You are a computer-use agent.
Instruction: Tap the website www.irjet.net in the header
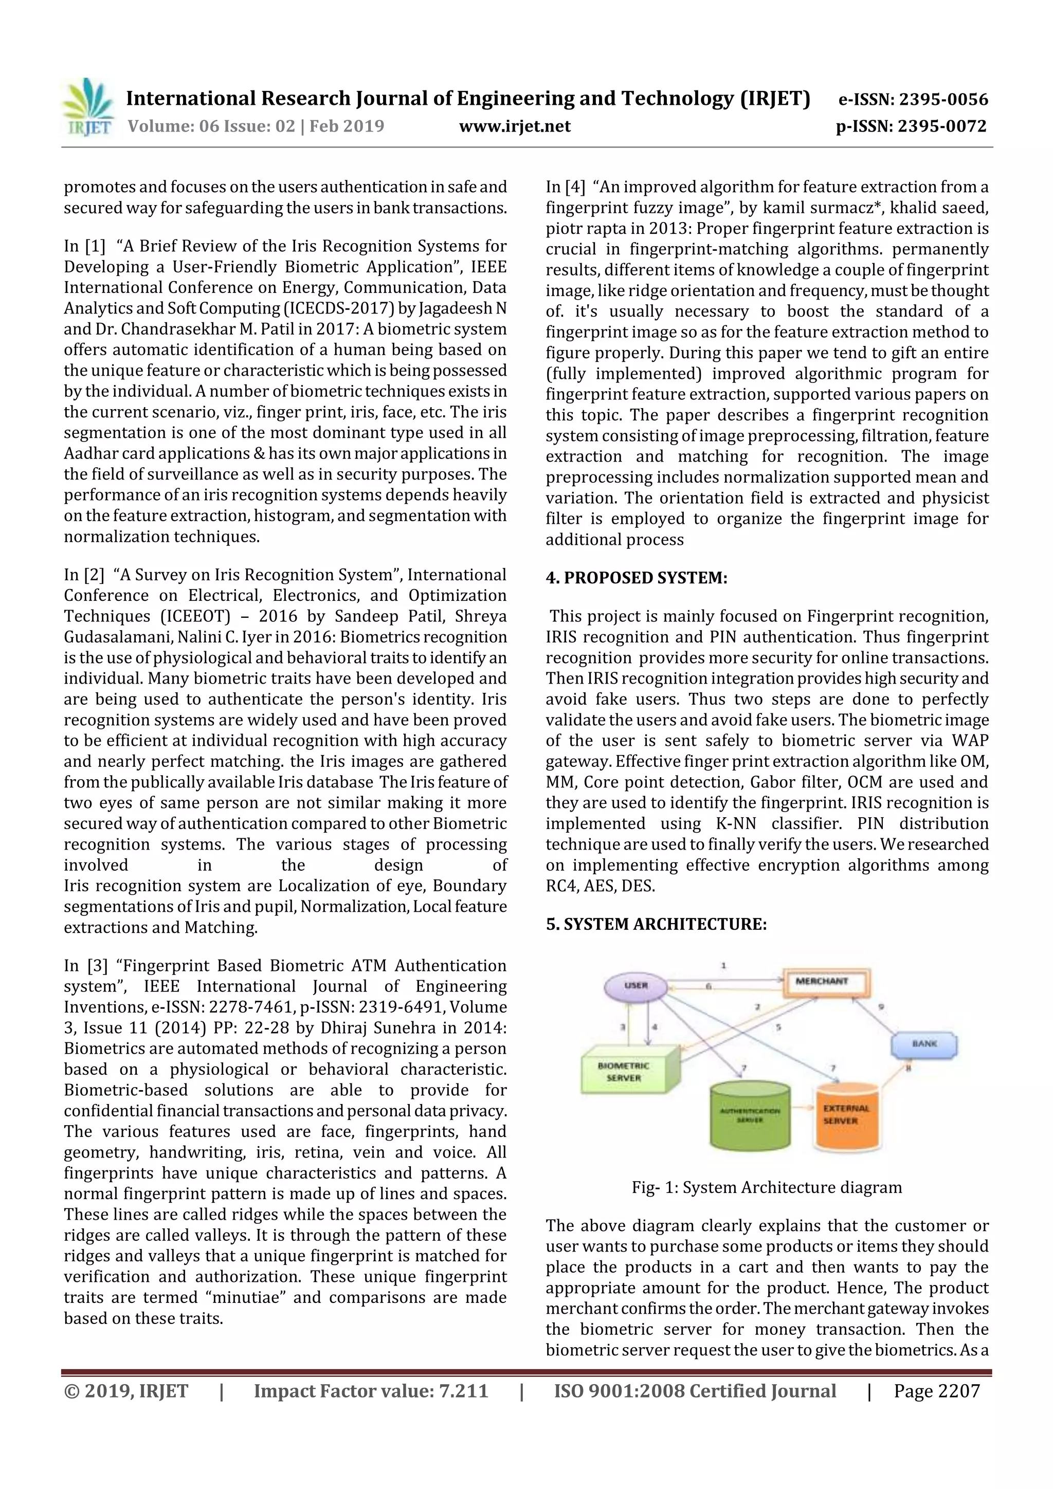click(x=515, y=126)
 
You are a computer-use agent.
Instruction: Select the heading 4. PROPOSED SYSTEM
click(x=636, y=578)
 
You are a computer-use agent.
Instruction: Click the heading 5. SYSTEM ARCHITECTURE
click(x=656, y=924)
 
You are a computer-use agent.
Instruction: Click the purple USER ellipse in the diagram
click(x=636, y=986)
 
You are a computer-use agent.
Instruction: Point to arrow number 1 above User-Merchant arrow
click(x=723, y=966)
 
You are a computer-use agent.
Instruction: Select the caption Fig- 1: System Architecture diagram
click(x=766, y=1187)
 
